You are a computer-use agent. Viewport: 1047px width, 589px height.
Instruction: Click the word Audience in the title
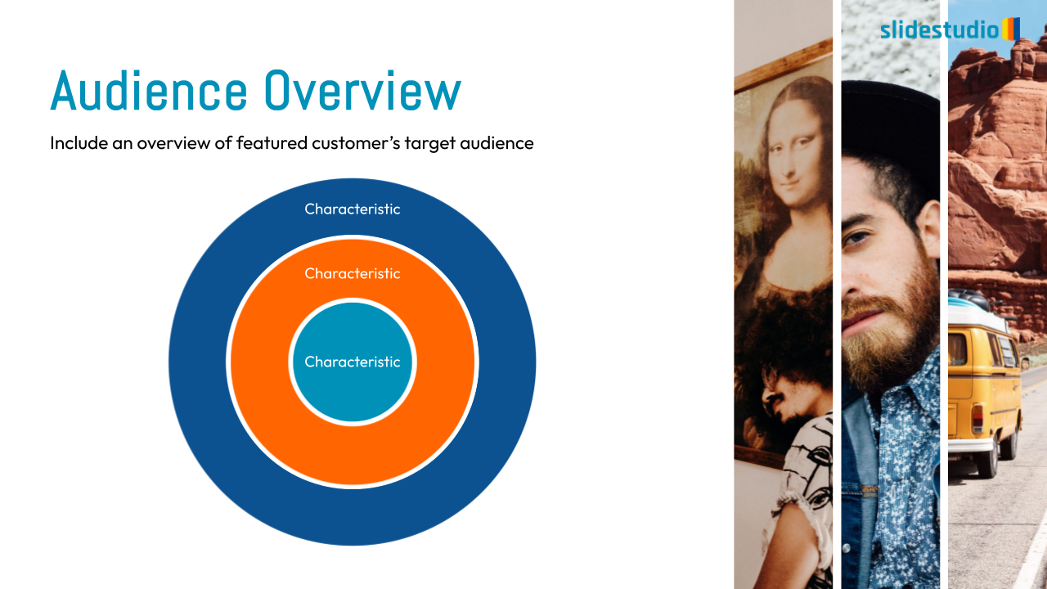tap(149, 90)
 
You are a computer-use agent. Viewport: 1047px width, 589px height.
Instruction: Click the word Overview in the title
tap(362, 90)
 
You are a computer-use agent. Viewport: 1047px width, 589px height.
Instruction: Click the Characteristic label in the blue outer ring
tap(353, 209)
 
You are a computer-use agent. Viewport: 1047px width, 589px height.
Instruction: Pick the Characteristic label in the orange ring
tap(353, 273)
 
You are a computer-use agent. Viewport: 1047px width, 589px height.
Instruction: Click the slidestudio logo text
tap(940, 30)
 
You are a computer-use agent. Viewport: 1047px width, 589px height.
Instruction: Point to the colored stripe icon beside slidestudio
tap(1011, 29)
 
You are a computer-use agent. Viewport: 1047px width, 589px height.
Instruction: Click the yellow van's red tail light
tap(977, 417)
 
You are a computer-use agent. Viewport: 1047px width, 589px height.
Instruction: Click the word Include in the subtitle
tap(79, 143)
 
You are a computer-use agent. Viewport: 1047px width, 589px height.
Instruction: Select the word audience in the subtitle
tap(497, 143)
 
